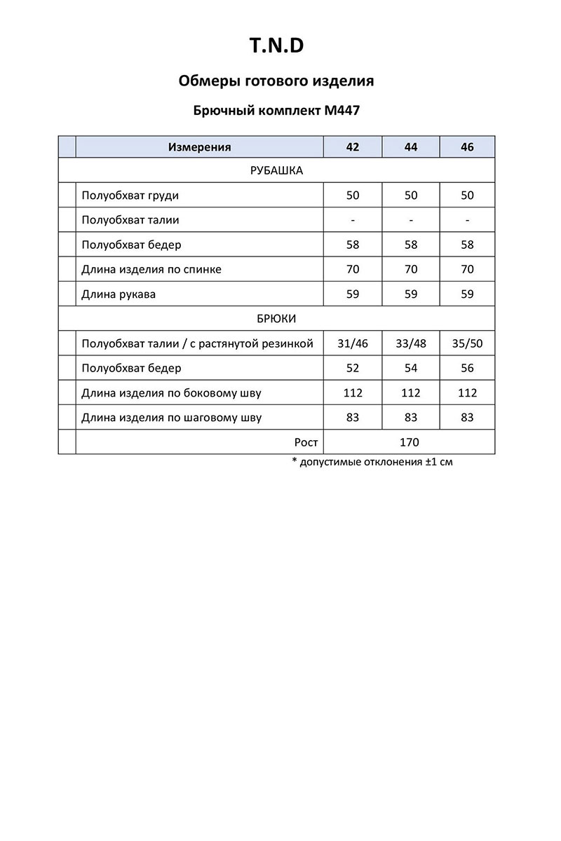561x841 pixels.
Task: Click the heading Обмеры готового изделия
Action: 276,81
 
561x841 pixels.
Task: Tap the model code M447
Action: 343,110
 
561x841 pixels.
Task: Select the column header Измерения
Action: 199,147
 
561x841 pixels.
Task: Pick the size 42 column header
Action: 352,147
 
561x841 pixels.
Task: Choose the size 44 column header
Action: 411,147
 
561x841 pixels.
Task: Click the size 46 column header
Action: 467,147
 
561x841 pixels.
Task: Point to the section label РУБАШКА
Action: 276,170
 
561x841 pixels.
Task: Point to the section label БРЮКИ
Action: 276,319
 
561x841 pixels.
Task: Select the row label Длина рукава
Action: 119,294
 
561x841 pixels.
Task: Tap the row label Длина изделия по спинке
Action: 151,270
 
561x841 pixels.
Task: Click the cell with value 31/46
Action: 352,344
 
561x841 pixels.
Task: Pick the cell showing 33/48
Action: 411,344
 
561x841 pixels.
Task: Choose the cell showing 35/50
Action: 467,344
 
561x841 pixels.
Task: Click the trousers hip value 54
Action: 411,369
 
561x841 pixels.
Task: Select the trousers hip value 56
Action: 467,369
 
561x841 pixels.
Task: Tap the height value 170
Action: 409,442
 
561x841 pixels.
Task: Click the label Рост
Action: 306,442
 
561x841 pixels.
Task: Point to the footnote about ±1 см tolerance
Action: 372,463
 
